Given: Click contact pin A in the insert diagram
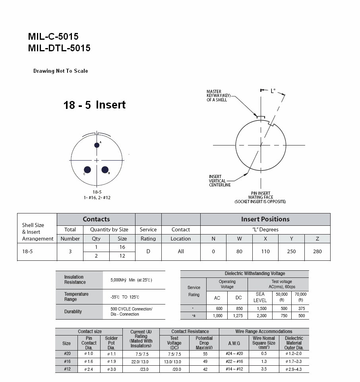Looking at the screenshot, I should pos(97,145).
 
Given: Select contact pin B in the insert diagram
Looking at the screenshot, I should pos(105,170).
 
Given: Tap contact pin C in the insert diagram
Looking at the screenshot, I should pos(87,170).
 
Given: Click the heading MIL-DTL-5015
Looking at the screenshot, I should pos(59,48).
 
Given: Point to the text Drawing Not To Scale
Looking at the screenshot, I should pos(60,71).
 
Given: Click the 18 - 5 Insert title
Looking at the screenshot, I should pos(95,105).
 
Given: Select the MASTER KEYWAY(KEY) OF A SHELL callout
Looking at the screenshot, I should pos(217,96).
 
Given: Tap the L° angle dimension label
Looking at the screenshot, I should pos(273,91).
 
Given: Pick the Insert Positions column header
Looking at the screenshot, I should pos(265,219).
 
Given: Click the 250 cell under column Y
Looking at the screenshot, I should pos(291,252).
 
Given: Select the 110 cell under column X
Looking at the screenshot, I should pos(265,252).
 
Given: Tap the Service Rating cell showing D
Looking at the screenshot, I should pos(148,252).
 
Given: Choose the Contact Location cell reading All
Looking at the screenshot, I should pos(181,252).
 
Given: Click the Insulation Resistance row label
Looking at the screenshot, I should pos(75,279).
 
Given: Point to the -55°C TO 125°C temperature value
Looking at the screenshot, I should pos(125,297).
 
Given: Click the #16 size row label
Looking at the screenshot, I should pos(67,361).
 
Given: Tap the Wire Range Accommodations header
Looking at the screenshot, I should pos(263,332).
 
